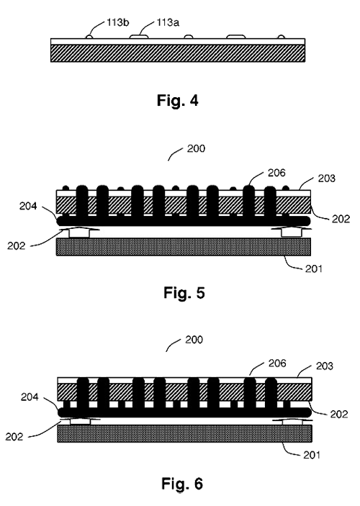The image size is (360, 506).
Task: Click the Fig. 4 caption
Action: tap(178, 100)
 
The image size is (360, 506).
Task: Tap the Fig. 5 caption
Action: tap(184, 293)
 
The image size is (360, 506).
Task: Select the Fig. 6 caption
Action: tap(182, 484)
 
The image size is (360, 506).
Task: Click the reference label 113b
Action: tap(118, 22)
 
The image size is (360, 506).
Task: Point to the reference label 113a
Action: tap(168, 22)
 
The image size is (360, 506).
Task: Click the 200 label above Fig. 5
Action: tap(196, 149)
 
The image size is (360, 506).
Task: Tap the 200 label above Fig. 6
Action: tap(194, 340)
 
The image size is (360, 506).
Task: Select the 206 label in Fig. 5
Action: tap(276, 173)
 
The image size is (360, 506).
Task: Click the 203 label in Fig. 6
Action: tap(324, 366)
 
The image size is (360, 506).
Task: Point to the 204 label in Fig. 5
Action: tap(28, 206)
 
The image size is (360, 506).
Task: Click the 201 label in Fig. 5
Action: tap(314, 268)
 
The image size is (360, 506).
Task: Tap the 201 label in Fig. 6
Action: tap(312, 455)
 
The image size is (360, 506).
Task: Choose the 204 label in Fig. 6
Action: tap(30, 397)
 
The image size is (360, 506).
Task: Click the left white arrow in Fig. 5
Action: tap(79, 232)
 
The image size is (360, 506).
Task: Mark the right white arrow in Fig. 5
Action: tap(292, 232)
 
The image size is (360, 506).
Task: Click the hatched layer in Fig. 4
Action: tap(178, 53)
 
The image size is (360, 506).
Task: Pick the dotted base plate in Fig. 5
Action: tap(184, 247)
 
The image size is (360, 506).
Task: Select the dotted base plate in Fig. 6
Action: tap(185, 433)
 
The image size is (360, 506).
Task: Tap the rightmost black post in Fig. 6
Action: tap(271, 394)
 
